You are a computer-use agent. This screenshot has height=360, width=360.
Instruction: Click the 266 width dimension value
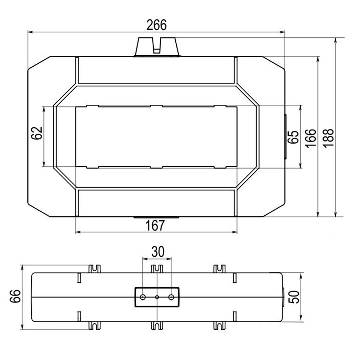[x=157, y=25]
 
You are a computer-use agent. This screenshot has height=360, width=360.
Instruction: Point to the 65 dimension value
[x=294, y=137]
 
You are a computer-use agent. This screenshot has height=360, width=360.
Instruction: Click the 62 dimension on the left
[x=37, y=134]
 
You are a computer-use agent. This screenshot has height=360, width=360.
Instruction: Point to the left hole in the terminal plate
[x=143, y=297]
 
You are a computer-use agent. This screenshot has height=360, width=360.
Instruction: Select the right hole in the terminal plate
[x=171, y=297]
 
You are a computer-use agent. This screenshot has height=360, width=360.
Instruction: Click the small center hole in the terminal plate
[x=157, y=297]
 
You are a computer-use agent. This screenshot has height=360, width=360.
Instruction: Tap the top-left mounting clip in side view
[x=94, y=269]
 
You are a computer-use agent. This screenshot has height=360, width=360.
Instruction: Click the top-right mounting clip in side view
[x=219, y=269]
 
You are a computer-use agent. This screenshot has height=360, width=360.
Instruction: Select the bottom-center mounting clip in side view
[x=157, y=325]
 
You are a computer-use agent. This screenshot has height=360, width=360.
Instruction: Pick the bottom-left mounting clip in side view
[x=94, y=325]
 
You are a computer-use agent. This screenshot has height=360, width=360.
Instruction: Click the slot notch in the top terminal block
[x=157, y=45]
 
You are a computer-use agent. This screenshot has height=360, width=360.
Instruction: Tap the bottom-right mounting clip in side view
[x=219, y=325]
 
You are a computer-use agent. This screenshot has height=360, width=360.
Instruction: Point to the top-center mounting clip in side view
[x=157, y=269]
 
